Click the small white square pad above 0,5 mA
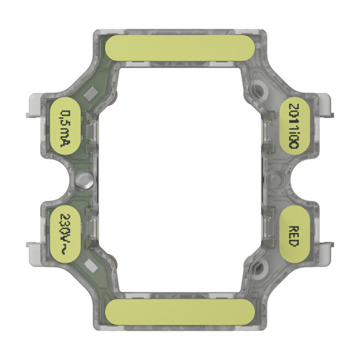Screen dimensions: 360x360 click(x=92, y=93)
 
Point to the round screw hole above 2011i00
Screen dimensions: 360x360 click(x=259, y=90)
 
